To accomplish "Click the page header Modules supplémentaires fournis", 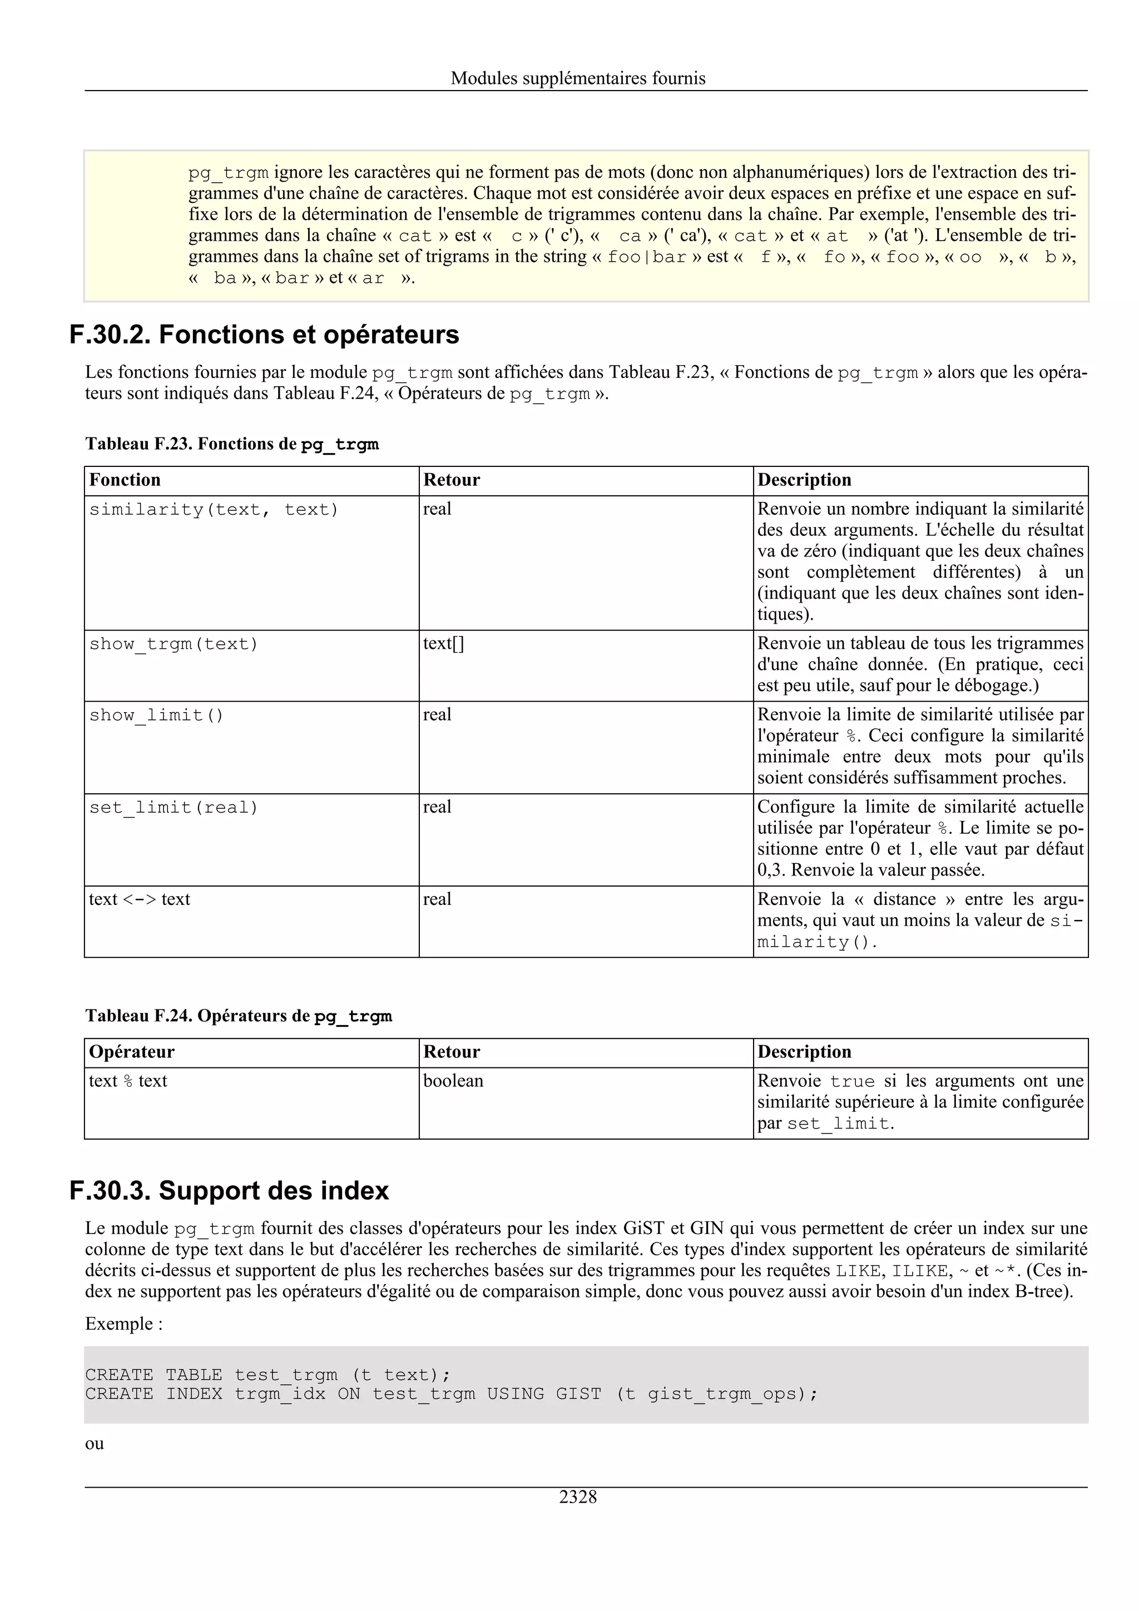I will [578, 78].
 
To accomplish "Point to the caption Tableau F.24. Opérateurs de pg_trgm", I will [239, 1016].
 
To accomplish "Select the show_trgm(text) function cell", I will [174, 644].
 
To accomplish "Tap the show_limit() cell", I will [156, 715].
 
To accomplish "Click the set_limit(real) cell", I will [174, 808].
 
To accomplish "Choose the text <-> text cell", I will [139, 899].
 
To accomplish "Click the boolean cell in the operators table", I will [453, 1081].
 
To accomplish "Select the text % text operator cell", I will [128, 1081].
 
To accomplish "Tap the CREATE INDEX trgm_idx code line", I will [451, 1394].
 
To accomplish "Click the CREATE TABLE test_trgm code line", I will [267, 1375].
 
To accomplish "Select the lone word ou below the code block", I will [94, 1444].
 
